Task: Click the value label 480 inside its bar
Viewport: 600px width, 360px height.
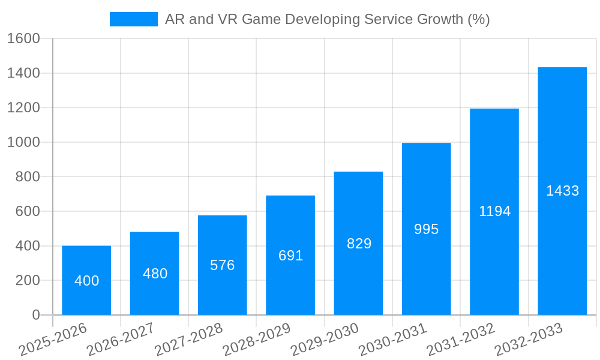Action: click(x=155, y=274)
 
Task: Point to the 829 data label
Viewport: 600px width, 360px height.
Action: click(x=359, y=244)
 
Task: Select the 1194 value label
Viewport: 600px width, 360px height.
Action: click(x=494, y=211)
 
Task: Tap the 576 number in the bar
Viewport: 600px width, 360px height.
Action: click(x=223, y=265)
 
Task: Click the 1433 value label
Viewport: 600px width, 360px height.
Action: click(x=562, y=191)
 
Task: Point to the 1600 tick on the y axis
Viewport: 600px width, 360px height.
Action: click(x=23, y=39)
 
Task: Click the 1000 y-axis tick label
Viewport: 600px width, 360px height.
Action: click(x=23, y=142)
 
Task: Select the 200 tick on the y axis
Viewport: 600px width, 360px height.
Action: click(x=27, y=280)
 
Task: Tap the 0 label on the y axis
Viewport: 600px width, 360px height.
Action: click(x=36, y=315)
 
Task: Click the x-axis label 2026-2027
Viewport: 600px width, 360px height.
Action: click(x=120, y=340)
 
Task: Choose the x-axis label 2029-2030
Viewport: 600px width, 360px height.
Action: click(x=324, y=340)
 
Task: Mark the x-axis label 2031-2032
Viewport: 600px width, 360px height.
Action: click(x=460, y=340)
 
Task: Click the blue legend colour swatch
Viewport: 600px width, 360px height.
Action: click(x=133, y=19)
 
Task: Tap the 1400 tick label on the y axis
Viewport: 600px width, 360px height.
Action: click(x=23, y=73)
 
